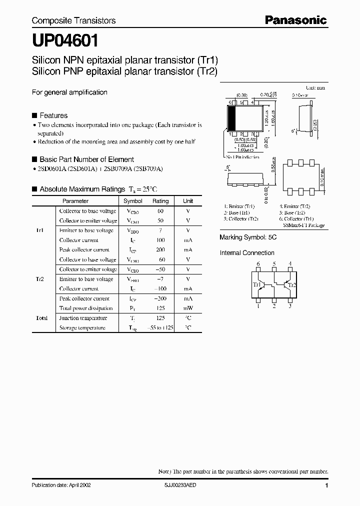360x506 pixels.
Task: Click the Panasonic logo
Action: pos(295,20)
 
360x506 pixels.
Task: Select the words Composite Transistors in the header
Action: pos(73,20)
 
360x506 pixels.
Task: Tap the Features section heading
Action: pos(53,115)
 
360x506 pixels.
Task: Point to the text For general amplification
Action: pos(69,92)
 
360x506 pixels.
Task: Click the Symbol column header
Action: pos(133,201)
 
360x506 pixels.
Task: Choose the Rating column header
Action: pos(160,201)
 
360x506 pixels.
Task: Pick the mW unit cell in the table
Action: pos(188,308)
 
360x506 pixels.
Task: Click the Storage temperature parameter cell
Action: pos(82,328)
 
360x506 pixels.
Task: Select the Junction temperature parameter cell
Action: pos(83,318)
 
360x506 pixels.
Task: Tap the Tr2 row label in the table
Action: pos(40,279)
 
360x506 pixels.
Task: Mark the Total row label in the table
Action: pos(41,318)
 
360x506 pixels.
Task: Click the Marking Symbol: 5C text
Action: pos(248,237)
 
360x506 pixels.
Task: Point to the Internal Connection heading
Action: pos(247,253)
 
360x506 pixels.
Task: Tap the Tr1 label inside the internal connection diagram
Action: pos(257,285)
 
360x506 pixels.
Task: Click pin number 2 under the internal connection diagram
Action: pos(274,307)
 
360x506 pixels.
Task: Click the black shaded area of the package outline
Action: pos(232,118)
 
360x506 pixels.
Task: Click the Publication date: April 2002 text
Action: pos(61,485)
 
